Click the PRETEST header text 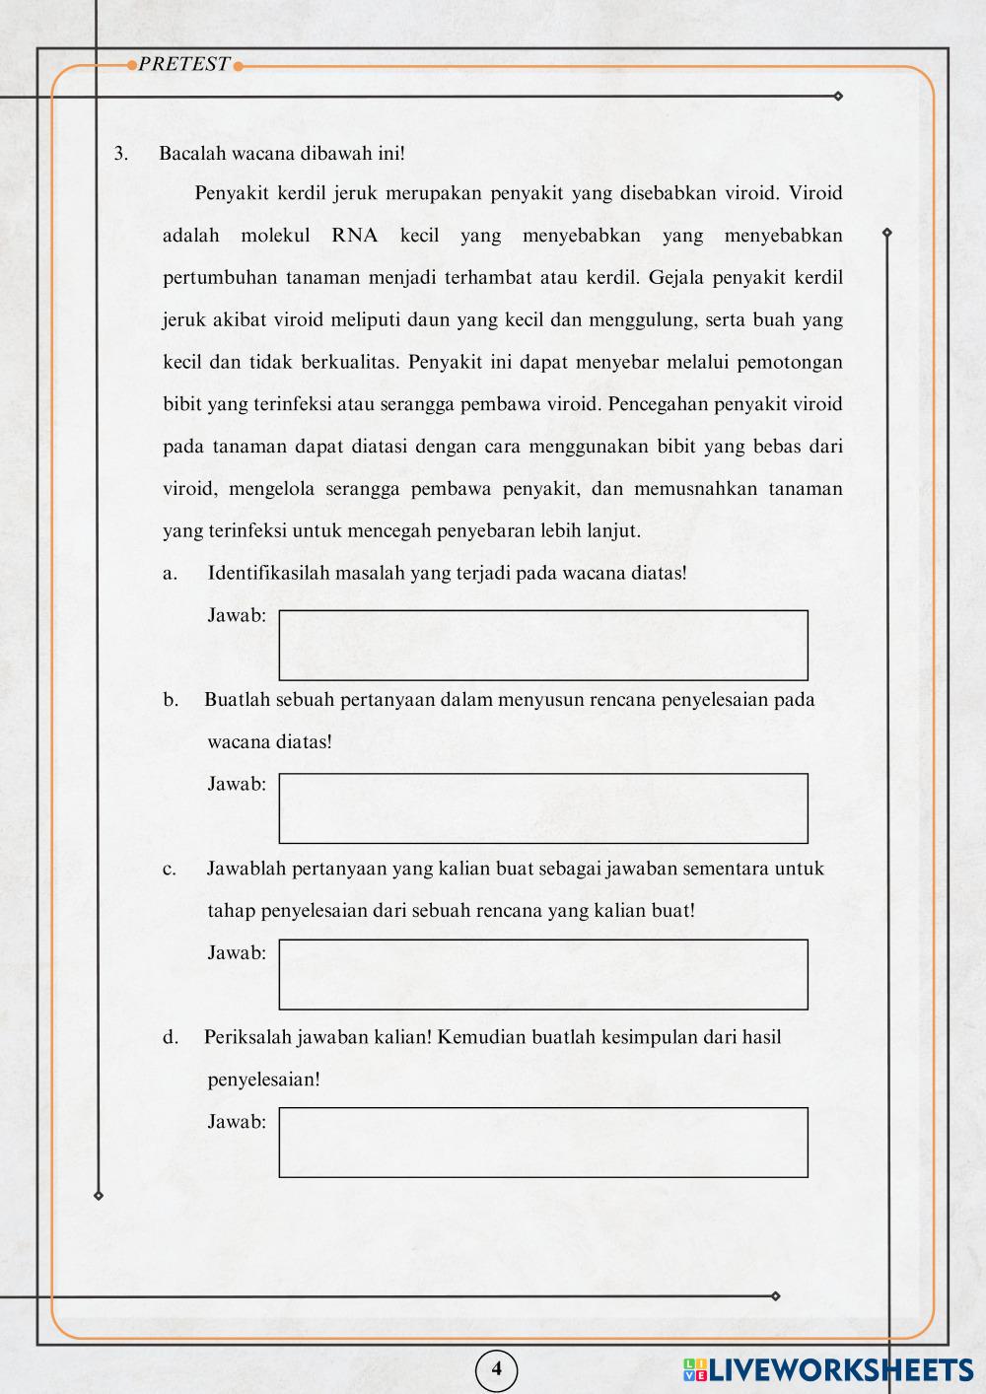pyautogui.click(x=184, y=65)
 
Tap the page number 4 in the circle pyautogui.click(x=496, y=1368)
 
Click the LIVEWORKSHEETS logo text pyautogui.click(x=838, y=1369)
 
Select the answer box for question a pyautogui.click(x=542, y=645)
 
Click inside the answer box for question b pyautogui.click(x=542, y=808)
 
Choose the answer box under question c pyautogui.click(x=542, y=974)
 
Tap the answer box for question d pyautogui.click(x=542, y=1142)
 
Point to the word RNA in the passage pyautogui.click(x=355, y=236)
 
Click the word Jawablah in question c pyautogui.click(x=246, y=869)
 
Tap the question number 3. pyautogui.click(x=120, y=154)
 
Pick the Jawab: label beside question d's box pyautogui.click(x=237, y=1121)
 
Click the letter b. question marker pyautogui.click(x=171, y=700)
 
